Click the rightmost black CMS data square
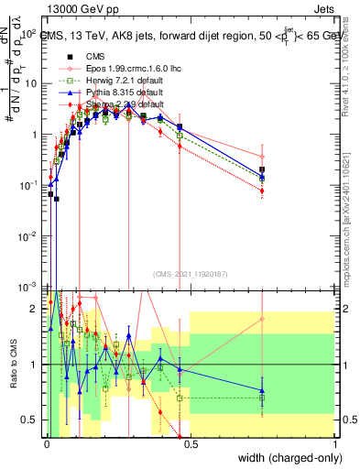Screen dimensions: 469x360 coord(263,170)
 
